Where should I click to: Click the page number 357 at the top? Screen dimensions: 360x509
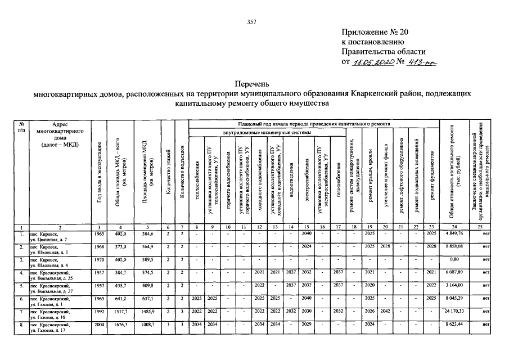coord(251,22)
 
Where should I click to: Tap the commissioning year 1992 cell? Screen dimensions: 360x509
coord(100,311)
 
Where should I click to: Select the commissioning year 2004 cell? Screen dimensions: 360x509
coord(100,325)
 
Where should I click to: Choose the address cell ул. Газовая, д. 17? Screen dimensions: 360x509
coord(56,327)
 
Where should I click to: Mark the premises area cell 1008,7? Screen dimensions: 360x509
coord(148,325)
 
